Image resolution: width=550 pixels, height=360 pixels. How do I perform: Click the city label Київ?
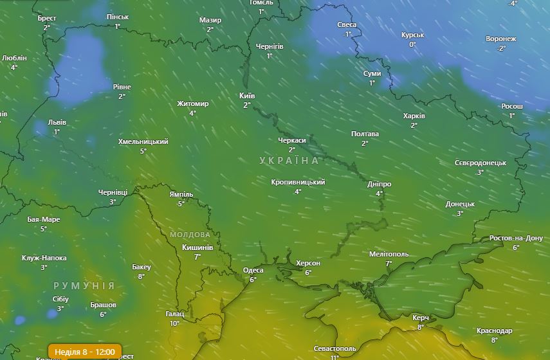click(x=247, y=96)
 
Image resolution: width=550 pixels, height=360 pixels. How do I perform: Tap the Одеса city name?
click(x=253, y=271)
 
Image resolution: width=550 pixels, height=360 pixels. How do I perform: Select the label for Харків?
click(x=414, y=116)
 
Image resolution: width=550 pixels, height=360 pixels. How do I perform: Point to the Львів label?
click(x=57, y=122)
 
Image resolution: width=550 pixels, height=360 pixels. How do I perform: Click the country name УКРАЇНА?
click(x=289, y=160)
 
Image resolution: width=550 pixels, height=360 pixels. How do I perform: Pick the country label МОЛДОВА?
click(x=190, y=235)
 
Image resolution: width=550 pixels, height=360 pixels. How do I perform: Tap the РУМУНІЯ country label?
click(x=84, y=285)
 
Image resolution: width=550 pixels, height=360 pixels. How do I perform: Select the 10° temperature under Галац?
click(x=174, y=323)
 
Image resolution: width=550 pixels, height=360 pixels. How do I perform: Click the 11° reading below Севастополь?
click(x=335, y=357)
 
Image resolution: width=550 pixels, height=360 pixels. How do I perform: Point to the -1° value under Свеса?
click(x=347, y=34)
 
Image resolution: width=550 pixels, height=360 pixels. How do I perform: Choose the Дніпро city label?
click(x=379, y=184)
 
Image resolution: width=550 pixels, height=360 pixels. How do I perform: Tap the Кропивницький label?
click(x=298, y=182)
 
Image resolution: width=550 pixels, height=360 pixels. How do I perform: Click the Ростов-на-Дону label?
click(x=516, y=238)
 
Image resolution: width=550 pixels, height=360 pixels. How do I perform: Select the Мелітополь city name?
click(x=389, y=254)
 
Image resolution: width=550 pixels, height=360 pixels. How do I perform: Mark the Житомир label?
click(x=193, y=104)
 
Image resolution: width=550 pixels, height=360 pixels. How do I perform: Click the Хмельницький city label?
click(x=143, y=141)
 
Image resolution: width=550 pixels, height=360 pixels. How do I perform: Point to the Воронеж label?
click(x=500, y=39)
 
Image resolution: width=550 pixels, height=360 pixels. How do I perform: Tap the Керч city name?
click(x=421, y=318)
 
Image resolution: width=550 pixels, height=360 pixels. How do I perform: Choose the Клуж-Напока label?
click(x=44, y=258)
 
